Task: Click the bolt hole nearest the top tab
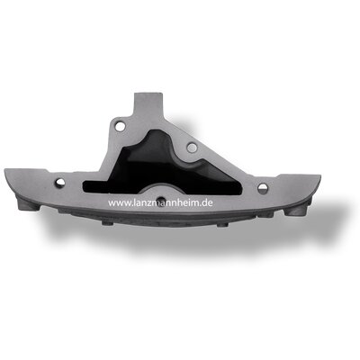(121, 126)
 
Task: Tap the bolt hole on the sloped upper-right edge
(192, 147)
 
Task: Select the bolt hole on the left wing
(60, 182)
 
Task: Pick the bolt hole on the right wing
(263, 188)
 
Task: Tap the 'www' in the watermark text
(120, 203)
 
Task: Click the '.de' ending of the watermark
(206, 202)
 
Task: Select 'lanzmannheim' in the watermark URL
(166, 202)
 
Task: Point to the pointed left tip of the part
(5, 170)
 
